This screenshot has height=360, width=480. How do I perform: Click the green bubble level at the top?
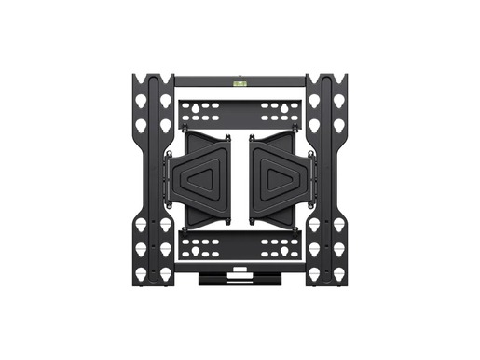click(240, 82)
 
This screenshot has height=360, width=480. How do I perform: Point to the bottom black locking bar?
click(240, 277)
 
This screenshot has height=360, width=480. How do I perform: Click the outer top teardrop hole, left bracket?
click(141, 100)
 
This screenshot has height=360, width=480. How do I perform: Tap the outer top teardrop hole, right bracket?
click(339, 100)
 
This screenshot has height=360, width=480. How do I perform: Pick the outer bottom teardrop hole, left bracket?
click(141, 273)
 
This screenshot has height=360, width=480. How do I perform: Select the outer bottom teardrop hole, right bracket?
click(339, 273)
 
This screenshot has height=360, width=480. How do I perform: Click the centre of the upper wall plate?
click(240, 112)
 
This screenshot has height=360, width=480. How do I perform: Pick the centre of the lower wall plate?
click(240, 248)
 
